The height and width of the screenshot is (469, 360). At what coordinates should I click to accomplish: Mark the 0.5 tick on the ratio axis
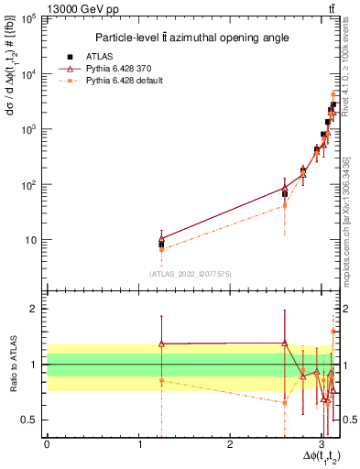pyautogui.click(x=32, y=420)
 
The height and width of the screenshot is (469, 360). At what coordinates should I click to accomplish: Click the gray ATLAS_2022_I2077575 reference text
pyautogui.click(x=190, y=273)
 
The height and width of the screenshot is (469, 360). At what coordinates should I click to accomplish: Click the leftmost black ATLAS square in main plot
pyautogui.click(x=161, y=245)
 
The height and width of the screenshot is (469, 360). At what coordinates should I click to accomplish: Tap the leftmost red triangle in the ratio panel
pyautogui.click(x=161, y=344)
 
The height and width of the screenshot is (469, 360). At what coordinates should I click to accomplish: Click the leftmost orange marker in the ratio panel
pyautogui.click(x=161, y=380)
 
